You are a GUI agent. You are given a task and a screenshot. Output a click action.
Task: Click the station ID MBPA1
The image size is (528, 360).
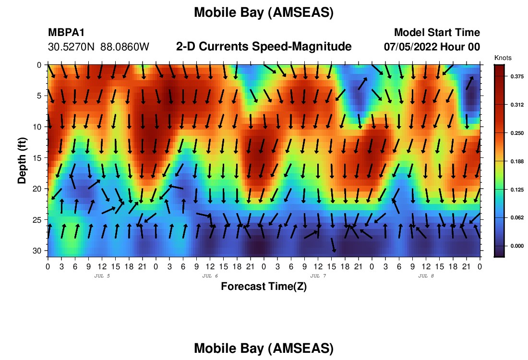(x=66, y=32)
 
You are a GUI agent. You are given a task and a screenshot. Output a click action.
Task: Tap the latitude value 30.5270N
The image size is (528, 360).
(x=72, y=47)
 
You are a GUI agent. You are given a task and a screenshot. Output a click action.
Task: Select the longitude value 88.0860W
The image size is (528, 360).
(x=125, y=47)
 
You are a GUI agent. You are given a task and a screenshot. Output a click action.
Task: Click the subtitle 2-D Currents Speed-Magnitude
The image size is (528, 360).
(x=264, y=47)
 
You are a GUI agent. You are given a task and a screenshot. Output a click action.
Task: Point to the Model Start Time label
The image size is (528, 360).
(x=437, y=32)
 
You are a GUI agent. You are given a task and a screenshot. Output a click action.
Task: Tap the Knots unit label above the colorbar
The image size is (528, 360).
(x=503, y=58)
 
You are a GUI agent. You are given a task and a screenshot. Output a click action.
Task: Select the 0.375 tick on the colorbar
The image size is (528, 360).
(x=517, y=76)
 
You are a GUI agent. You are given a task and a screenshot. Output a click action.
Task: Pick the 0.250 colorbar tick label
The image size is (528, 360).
(x=517, y=133)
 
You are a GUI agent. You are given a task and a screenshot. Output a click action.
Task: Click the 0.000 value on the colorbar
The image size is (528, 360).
(x=517, y=246)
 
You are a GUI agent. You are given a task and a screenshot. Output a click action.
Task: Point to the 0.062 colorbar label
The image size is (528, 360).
(x=517, y=217)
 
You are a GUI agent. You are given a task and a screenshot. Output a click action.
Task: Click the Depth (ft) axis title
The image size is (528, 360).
(x=22, y=161)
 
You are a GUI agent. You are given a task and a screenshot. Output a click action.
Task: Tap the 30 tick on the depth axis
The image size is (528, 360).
(x=37, y=251)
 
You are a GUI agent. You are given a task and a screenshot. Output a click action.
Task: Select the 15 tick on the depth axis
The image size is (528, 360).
(x=37, y=158)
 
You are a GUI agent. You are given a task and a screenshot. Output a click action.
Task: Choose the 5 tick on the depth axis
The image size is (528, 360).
(x=39, y=96)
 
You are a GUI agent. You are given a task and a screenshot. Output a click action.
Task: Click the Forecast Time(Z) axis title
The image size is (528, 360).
(x=264, y=286)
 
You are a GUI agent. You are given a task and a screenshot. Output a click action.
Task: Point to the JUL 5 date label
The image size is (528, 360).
(x=102, y=276)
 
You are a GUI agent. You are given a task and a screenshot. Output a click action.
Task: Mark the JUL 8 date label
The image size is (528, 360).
(x=426, y=276)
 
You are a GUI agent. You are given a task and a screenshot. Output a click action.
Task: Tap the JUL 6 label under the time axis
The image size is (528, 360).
(x=210, y=276)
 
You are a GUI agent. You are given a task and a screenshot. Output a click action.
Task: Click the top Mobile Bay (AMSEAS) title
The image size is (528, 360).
(x=264, y=12)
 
